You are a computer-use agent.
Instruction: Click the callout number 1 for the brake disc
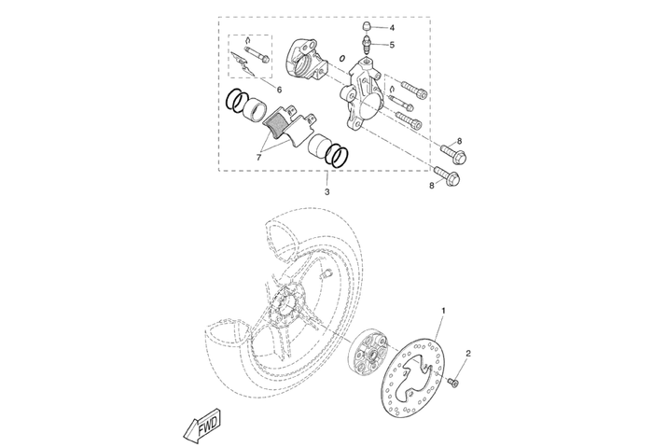(443, 310)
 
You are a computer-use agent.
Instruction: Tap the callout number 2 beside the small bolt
(468, 353)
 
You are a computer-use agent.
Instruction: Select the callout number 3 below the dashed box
(326, 191)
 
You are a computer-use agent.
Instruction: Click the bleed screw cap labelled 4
(366, 28)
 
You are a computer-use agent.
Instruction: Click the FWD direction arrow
(202, 425)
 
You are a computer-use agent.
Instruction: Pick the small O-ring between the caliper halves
(342, 58)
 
